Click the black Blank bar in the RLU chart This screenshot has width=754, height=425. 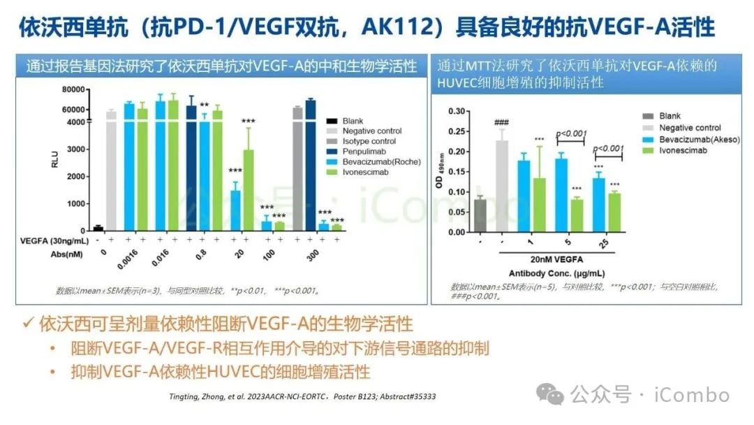[x=98, y=228]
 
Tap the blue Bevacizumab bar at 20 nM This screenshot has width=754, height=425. [x=236, y=210]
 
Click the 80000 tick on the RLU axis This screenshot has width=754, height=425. [x=73, y=89]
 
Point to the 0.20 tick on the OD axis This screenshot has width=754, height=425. [x=454, y=152]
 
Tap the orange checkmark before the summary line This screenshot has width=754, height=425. [x=27, y=324]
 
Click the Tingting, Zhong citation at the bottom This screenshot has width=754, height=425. [x=303, y=396]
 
